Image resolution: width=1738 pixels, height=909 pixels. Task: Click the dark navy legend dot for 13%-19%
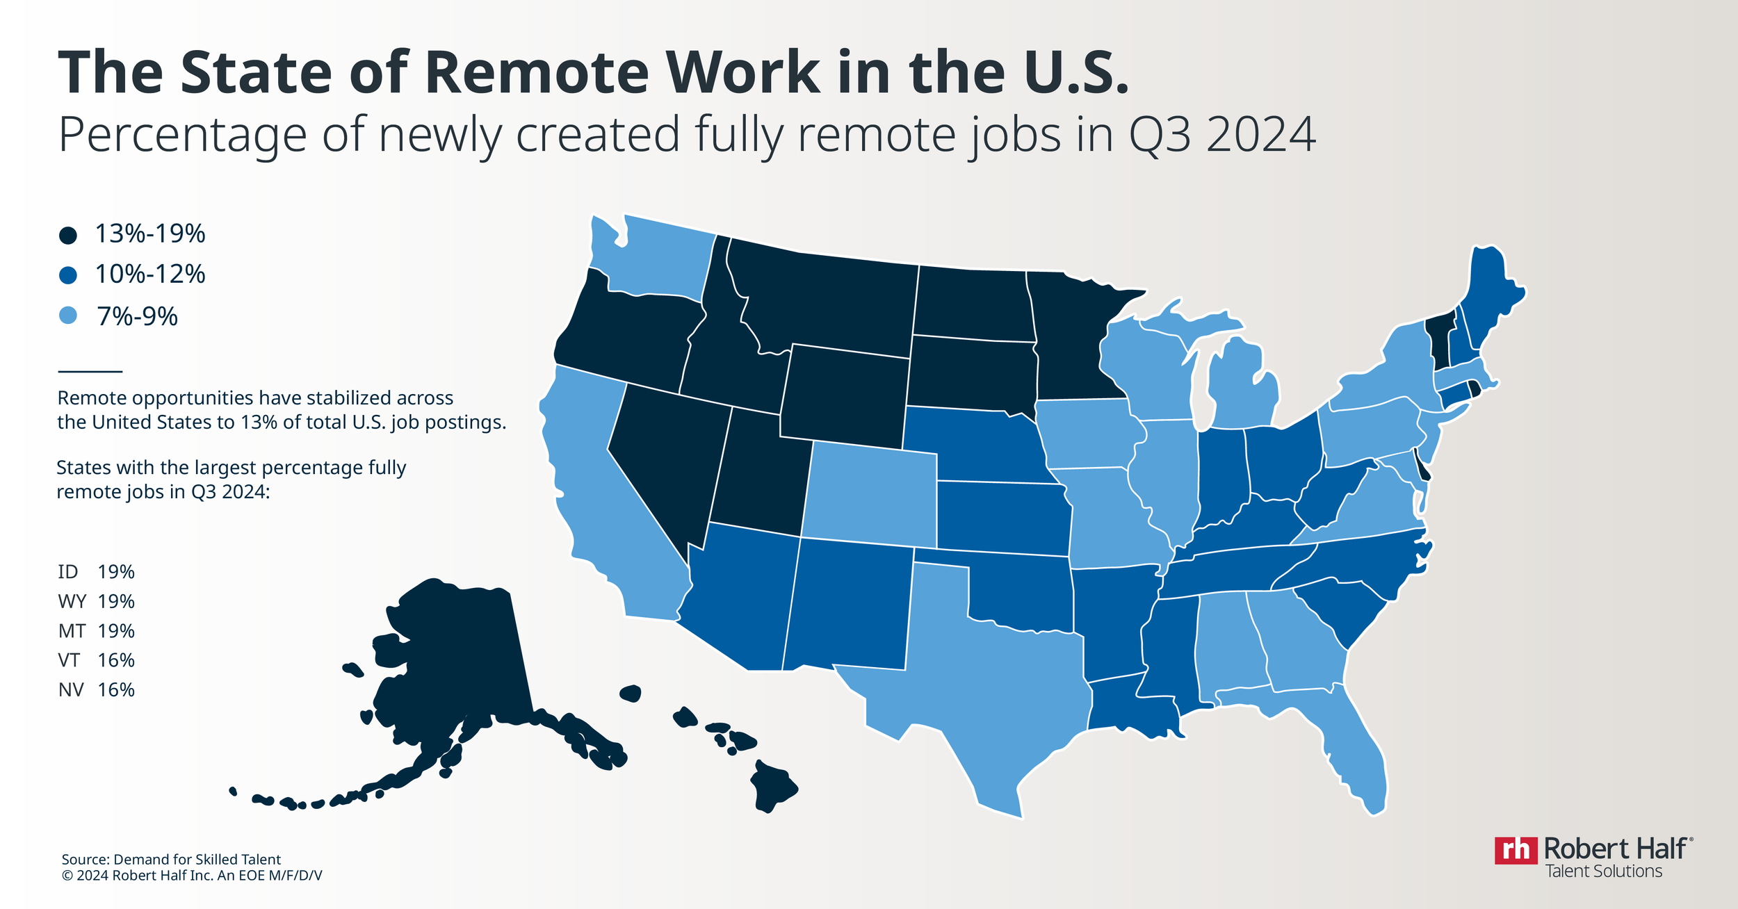click(67, 236)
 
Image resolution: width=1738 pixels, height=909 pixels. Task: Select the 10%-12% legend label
click(149, 275)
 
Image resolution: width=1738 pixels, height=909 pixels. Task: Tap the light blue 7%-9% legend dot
click(67, 316)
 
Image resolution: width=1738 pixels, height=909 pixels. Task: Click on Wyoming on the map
click(845, 393)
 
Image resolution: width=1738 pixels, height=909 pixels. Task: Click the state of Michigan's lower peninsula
click(1244, 389)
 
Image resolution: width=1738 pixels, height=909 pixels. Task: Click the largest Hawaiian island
click(772, 789)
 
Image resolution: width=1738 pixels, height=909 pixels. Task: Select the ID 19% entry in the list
click(96, 572)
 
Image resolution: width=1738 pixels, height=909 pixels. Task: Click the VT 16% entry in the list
click(96, 660)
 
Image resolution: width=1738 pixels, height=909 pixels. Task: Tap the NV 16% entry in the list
click(96, 690)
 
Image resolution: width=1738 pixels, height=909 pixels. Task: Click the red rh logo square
click(1516, 850)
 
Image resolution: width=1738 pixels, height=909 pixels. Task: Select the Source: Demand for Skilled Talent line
click(171, 860)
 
